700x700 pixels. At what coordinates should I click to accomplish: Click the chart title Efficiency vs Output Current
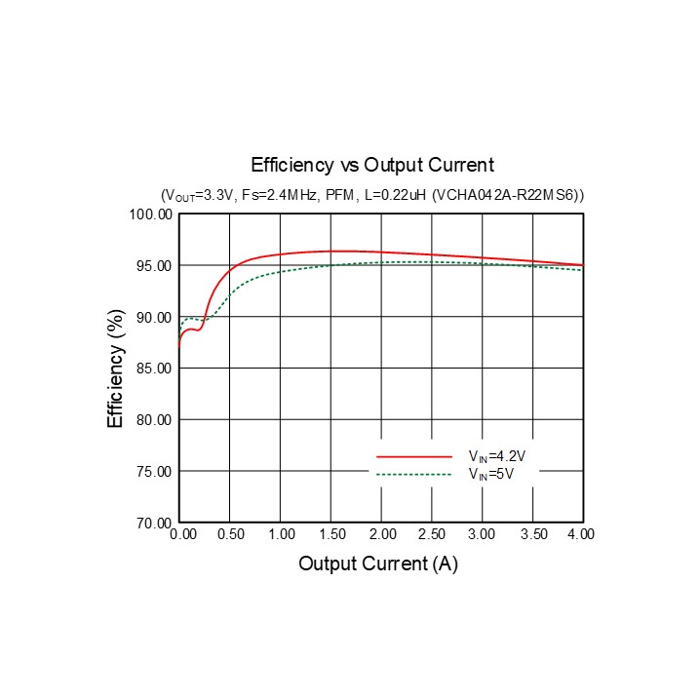click(x=372, y=165)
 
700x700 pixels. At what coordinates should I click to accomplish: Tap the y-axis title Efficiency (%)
click(x=116, y=369)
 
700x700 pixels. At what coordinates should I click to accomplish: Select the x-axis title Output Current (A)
click(x=378, y=564)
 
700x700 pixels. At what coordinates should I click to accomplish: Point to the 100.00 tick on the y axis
click(x=152, y=214)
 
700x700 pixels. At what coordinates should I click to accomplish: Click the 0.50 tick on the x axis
click(x=230, y=535)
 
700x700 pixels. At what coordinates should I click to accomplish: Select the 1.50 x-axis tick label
click(x=331, y=535)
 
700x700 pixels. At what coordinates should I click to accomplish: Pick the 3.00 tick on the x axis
click(x=483, y=535)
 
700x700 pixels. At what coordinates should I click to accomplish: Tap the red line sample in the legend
click(x=414, y=456)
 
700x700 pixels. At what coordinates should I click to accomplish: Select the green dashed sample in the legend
click(x=414, y=475)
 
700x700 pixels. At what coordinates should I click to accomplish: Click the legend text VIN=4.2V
click(x=497, y=456)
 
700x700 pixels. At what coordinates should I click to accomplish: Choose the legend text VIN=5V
click(x=491, y=475)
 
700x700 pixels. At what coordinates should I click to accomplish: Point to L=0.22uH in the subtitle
click(x=394, y=196)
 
